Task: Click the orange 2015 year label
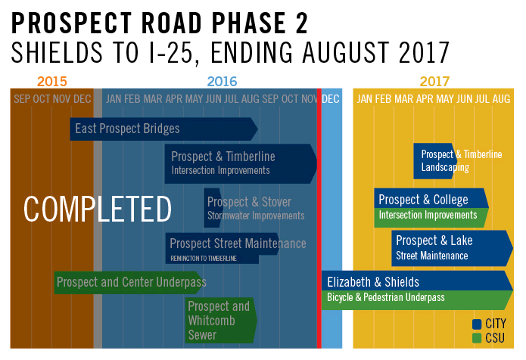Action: (52, 82)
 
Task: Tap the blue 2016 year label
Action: (222, 82)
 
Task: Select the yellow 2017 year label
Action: (434, 82)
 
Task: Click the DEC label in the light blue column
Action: (331, 99)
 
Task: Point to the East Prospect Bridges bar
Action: (163, 129)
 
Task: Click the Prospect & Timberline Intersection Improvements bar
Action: (241, 164)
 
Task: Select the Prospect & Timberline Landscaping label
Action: (462, 160)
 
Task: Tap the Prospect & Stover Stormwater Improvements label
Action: (256, 208)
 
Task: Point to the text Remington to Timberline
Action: (204, 259)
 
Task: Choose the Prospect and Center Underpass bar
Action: (130, 283)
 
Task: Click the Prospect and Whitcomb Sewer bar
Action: (221, 321)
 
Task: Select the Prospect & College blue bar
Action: (431, 198)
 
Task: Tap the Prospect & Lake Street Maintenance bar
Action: (452, 248)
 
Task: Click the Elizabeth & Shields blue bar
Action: (417, 281)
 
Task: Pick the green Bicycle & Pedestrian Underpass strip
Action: (417, 300)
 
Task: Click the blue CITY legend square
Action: (477, 324)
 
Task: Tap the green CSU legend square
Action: (477, 338)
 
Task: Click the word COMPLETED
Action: (98, 209)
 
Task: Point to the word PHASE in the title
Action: (248, 23)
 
